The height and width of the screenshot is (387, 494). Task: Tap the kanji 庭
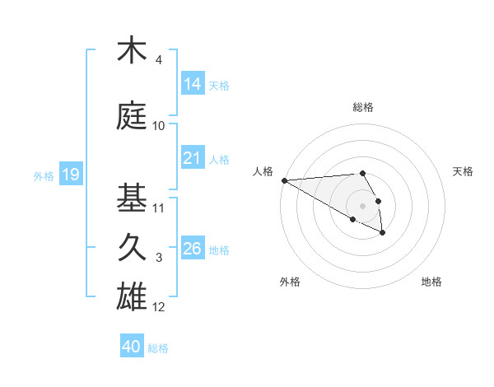tap(132, 116)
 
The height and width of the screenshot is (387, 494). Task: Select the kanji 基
tap(132, 198)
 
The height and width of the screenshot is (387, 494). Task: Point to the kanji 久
tap(132, 248)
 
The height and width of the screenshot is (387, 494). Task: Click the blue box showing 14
tap(193, 83)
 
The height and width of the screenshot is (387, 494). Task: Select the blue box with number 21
tap(193, 157)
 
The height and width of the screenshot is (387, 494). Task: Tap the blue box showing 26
tap(193, 248)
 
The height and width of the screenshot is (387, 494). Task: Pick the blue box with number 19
tap(71, 174)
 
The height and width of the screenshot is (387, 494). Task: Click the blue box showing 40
tap(132, 347)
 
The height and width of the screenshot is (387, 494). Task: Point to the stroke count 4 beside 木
tap(159, 60)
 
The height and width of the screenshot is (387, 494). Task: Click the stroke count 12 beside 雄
tap(159, 307)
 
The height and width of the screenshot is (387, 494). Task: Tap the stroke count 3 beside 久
tap(159, 258)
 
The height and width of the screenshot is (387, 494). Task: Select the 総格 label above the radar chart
tap(363, 107)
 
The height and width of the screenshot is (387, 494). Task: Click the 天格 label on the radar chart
tap(464, 171)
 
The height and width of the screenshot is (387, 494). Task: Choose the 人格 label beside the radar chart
tap(263, 171)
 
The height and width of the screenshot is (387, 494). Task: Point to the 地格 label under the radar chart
tap(431, 282)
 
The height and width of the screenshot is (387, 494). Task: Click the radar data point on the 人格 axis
tap(284, 180)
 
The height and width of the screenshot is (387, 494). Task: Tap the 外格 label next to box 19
tap(44, 175)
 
